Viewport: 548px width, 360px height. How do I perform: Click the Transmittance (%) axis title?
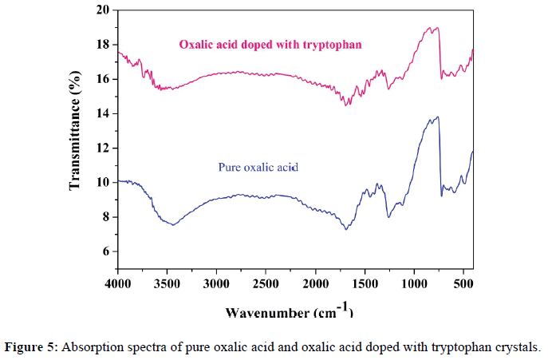click(x=77, y=140)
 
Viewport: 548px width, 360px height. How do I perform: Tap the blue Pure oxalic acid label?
click(x=263, y=168)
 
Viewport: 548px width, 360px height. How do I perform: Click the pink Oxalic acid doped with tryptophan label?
click(x=271, y=44)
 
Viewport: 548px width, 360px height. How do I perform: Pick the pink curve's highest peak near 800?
click(x=436, y=28)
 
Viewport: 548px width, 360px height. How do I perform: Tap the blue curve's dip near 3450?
click(x=173, y=225)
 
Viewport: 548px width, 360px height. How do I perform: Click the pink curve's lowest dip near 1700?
click(x=345, y=105)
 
